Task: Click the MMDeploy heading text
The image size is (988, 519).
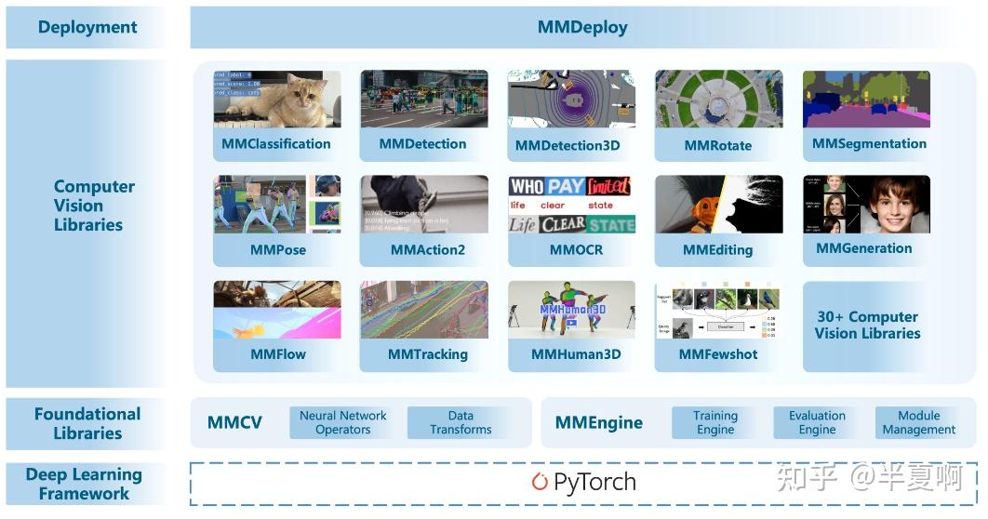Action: click(x=582, y=28)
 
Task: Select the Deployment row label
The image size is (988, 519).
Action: click(x=87, y=28)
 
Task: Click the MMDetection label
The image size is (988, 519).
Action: click(x=423, y=144)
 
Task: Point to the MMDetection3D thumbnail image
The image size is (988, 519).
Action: click(x=571, y=99)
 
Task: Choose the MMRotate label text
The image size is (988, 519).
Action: click(x=718, y=145)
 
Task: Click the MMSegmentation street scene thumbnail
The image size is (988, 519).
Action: click(x=866, y=99)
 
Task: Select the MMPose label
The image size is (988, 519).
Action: click(x=277, y=249)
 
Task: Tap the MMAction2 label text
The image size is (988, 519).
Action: click(x=428, y=249)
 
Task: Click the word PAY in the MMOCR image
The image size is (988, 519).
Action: click(x=566, y=186)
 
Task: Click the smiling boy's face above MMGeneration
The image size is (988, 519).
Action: click(x=894, y=205)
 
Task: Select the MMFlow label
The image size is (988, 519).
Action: click(x=277, y=354)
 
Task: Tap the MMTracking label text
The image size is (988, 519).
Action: click(x=428, y=354)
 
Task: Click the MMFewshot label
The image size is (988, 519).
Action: click(x=718, y=354)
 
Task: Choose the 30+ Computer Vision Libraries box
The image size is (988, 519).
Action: click(x=867, y=326)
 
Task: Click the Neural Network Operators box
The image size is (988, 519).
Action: click(x=342, y=422)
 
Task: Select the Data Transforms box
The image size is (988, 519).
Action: click(x=461, y=422)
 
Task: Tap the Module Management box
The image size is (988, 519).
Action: click(x=919, y=422)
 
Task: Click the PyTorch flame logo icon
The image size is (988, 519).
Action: click(x=540, y=482)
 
